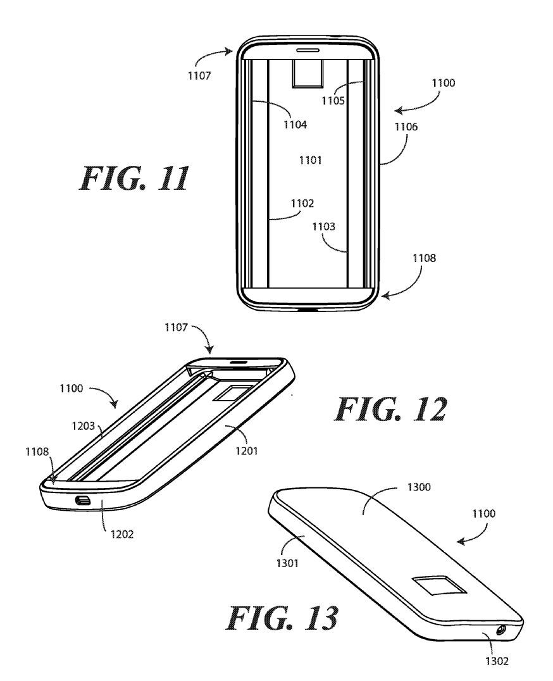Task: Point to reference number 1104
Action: pyautogui.click(x=295, y=125)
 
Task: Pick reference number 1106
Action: pyautogui.click(x=407, y=127)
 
